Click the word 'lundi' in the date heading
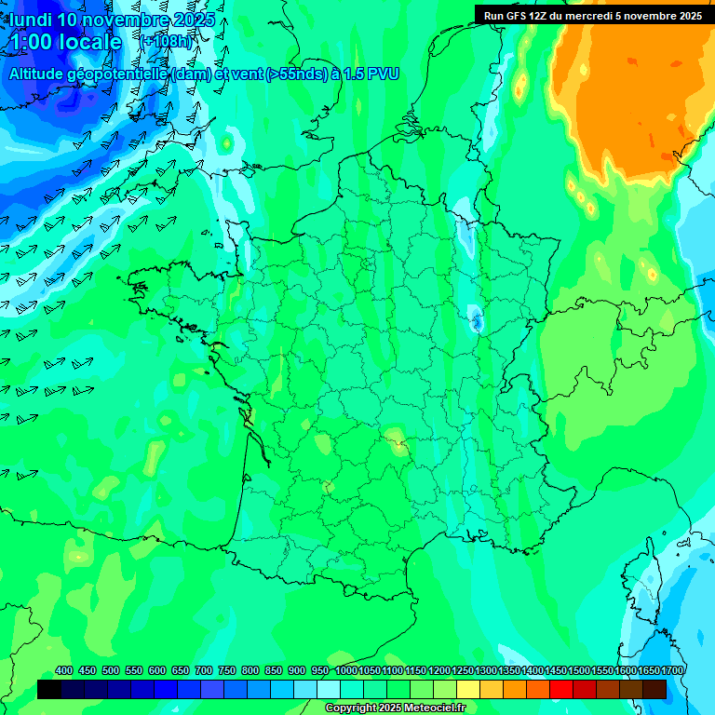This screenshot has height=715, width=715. (30, 20)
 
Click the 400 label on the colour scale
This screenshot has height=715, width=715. (64, 671)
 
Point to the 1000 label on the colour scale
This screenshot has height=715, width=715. (346, 671)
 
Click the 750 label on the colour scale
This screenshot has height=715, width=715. (226, 671)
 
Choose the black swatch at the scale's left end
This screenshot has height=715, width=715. (49, 689)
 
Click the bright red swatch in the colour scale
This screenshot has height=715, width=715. (561, 689)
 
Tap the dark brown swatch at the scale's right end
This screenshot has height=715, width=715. (654, 689)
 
